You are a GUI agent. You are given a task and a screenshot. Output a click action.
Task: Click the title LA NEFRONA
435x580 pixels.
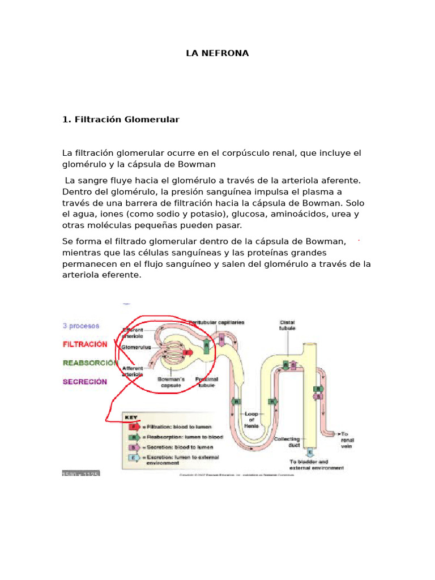tap(217, 54)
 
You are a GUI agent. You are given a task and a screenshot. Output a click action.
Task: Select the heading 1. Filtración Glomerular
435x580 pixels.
tap(120, 120)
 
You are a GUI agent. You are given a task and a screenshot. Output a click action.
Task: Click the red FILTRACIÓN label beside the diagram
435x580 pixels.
tap(84, 344)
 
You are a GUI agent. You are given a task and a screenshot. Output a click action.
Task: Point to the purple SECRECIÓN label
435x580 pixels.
tap(84, 381)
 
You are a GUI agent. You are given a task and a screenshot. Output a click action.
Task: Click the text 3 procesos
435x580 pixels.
tap(80, 326)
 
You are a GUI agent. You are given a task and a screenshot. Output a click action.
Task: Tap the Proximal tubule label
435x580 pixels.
tap(207, 382)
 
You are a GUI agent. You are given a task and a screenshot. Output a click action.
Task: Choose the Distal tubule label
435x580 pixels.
tap(287, 325)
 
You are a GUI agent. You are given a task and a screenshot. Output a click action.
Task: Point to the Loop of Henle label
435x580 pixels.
tap(251, 420)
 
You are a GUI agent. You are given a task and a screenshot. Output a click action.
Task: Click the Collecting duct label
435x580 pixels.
tap(287, 442)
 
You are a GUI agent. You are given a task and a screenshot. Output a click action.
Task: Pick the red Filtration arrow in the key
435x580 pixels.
tap(134, 427)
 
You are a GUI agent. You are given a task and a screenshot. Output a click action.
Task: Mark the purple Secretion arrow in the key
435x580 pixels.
tap(134, 447)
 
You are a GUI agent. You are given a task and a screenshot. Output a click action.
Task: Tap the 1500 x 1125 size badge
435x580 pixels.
tap(80, 473)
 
